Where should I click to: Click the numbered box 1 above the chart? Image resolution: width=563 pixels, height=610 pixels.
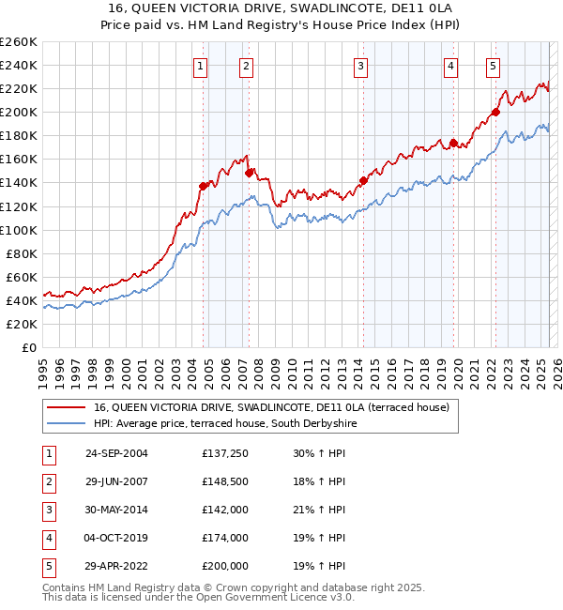pos(202,66)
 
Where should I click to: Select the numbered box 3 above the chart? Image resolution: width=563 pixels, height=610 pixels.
pos(361,66)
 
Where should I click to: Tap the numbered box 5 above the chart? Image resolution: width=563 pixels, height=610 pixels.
pos(493,66)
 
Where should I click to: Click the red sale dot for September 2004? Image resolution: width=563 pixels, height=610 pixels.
pos(203,186)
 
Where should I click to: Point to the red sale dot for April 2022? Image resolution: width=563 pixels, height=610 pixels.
pos(495,112)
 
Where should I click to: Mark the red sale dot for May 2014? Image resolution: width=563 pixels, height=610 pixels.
pos(363,180)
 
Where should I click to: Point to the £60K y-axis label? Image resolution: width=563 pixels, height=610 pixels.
pos(22,277)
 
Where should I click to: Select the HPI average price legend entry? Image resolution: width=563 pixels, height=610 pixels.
pos(226,424)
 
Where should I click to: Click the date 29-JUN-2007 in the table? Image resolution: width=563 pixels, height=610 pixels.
pos(116,482)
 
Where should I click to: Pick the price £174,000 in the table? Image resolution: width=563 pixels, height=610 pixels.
pos(225,539)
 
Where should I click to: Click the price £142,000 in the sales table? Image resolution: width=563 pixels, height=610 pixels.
pos(225,511)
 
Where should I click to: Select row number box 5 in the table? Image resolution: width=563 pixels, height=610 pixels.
pos(47,567)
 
